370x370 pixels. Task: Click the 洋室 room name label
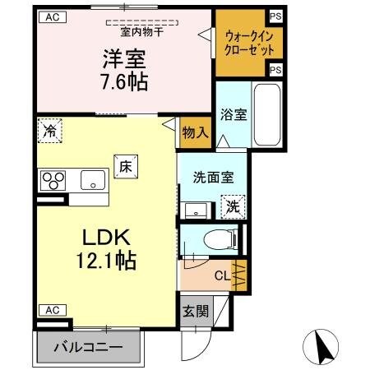(125, 60)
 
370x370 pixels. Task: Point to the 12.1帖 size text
(108, 261)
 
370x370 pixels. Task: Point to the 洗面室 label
(211, 174)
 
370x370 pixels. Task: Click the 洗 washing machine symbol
(233, 206)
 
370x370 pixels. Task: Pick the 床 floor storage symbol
(126, 166)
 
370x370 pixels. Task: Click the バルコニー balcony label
(88, 346)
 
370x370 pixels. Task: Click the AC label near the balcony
(51, 310)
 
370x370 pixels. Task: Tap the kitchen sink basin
(90, 179)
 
